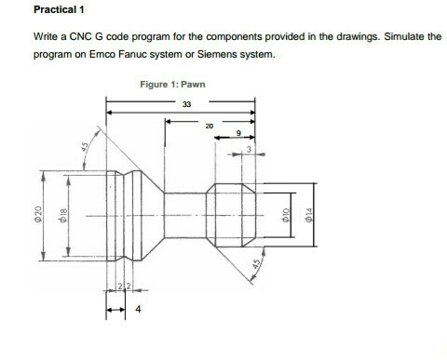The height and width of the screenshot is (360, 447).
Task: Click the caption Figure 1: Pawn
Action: (x=172, y=85)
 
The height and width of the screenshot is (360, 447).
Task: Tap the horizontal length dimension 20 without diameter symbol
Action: (x=209, y=125)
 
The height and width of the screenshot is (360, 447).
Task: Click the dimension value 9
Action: (x=238, y=134)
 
